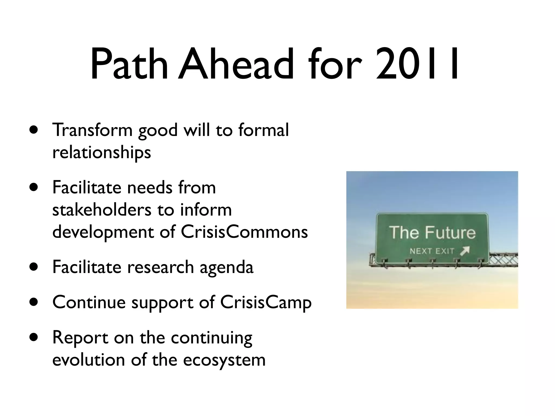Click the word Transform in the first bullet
tap(92, 130)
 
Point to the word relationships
tap(102, 152)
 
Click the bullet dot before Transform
tap(34, 130)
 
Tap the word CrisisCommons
tap(244, 232)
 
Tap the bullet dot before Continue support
tap(34, 302)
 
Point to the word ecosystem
tap(224, 360)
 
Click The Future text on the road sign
tap(433, 232)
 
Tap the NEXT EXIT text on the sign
tap(432, 251)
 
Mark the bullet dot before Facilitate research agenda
tap(34, 267)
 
